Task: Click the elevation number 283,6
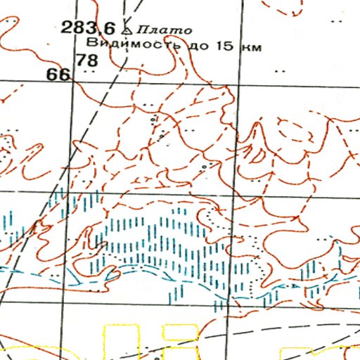[x=88, y=28]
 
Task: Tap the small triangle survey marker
[x=126, y=30]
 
